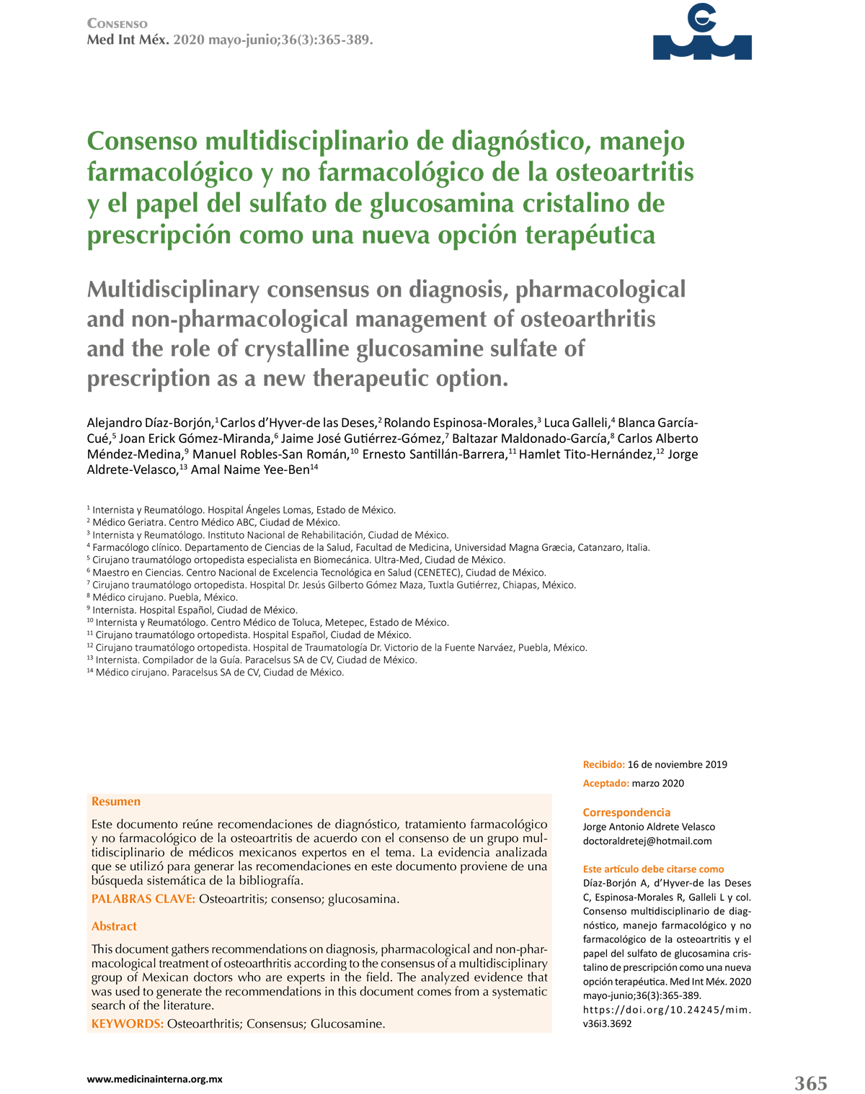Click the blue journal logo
tap(701, 33)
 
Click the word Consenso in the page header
tap(117, 24)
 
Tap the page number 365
tap(810, 1082)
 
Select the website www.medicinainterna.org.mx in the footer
tap(154, 1079)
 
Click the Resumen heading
tap(116, 802)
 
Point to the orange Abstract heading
tap(114, 926)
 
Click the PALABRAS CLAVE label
tap(143, 899)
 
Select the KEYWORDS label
tap(128, 1023)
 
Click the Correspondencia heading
tap(626, 812)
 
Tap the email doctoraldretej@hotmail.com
tap(647, 840)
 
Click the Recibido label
tap(603, 765)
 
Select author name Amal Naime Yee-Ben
tap(249, 470)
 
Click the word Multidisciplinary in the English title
tap(173, 290)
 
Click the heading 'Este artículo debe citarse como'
tap(653, 869)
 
